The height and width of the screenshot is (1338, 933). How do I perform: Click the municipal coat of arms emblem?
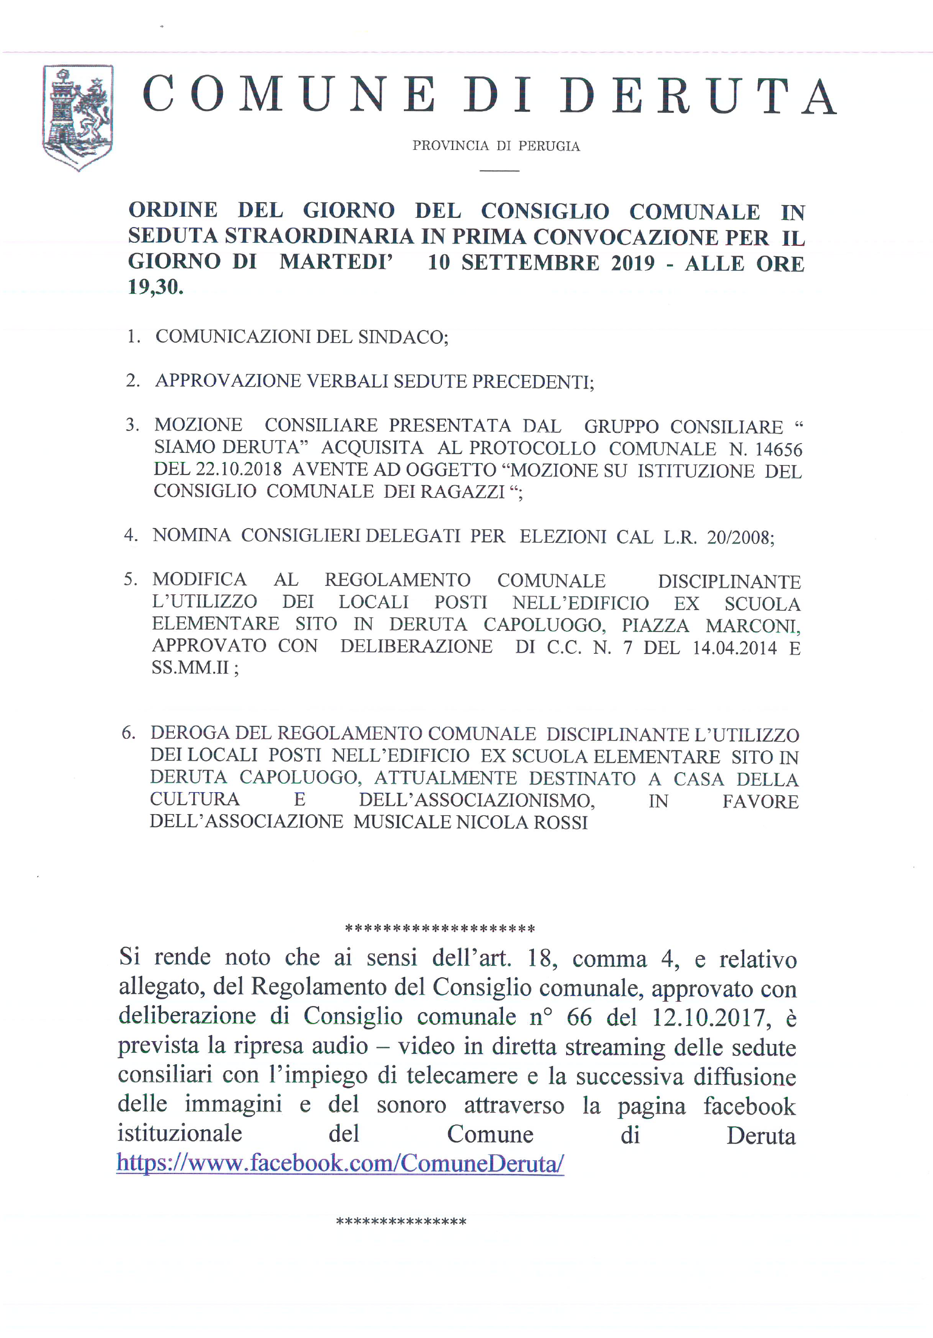point(77,117)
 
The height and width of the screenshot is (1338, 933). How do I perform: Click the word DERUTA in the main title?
point(698,96)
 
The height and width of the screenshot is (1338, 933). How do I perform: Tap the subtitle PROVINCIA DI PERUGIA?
point(496,146)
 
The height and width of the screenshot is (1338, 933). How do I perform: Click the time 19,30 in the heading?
point(155,287)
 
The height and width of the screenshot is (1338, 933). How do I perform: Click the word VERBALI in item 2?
point(347,381)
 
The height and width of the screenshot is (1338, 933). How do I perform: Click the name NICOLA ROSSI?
point(522,823)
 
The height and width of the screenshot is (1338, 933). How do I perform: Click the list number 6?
point(128,733)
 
